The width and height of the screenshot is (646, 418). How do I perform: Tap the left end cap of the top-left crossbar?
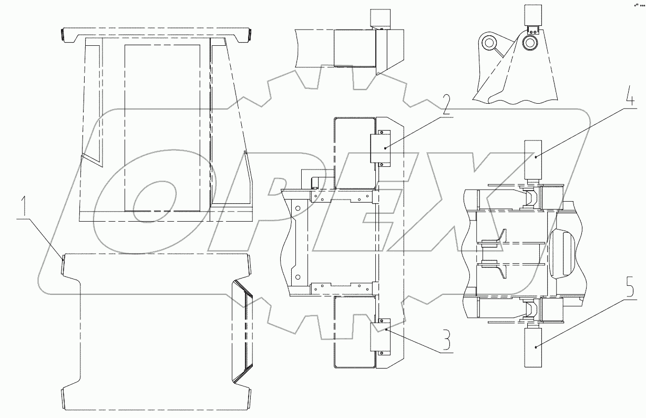pos(62,35)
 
